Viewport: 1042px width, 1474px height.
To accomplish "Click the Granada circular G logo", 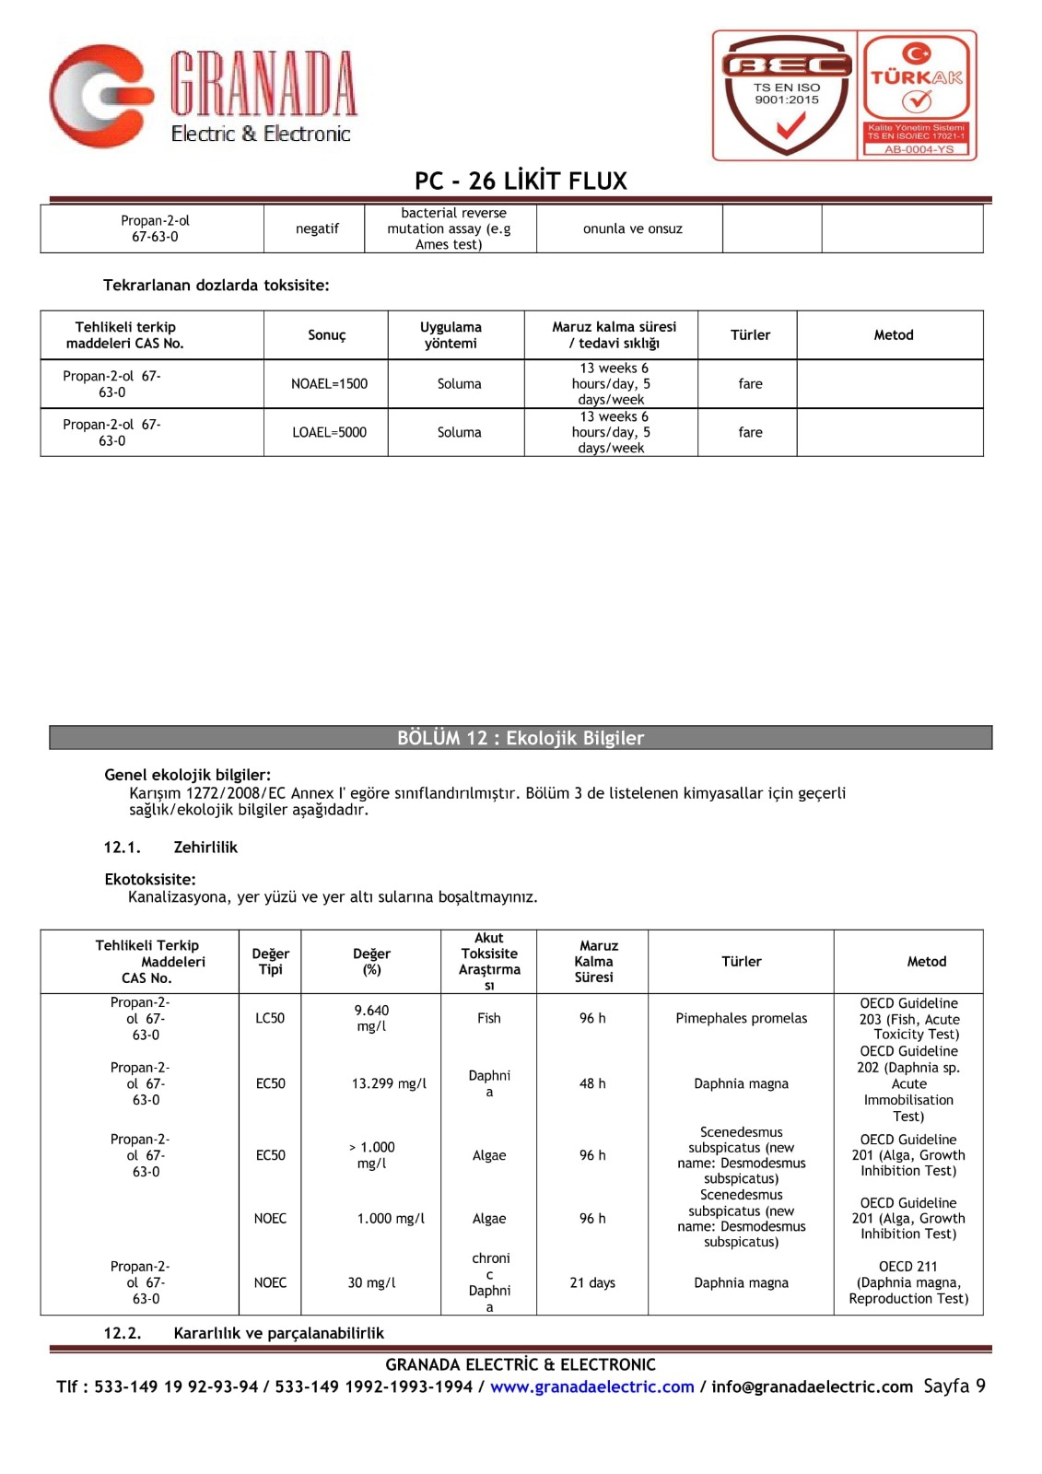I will [x=100, y=96].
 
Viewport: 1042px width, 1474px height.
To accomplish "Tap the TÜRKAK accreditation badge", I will [x=917, y=95].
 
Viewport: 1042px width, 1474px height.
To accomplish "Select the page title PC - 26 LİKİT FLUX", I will [x=521, y=181].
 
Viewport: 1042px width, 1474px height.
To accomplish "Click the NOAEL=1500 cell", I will [x=329, y=384].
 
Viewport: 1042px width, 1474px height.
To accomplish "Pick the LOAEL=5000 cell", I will [x=329, y=432].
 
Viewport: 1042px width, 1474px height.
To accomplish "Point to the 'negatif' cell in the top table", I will [x=317, y=228].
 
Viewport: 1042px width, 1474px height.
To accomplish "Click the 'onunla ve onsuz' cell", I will [x=632, y=228].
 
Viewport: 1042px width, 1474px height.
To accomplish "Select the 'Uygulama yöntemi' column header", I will [x=451, y=335].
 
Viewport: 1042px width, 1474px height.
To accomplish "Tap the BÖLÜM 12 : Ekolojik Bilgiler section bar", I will [x=521, y=738].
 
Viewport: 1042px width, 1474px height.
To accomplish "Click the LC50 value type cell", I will [x=270, y=1018].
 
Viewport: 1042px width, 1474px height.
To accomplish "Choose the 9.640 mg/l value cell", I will [x=371, y=1018].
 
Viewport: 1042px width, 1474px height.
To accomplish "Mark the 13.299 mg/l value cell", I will [x=389, y=1083].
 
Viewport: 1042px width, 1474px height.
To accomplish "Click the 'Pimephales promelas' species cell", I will [x=741, y=1018].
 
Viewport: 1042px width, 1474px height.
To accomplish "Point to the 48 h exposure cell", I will [x=592, y=1083].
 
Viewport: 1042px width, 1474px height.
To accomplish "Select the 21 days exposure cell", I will [x=592, y=1282].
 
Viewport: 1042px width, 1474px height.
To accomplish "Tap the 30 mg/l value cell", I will [x=371, y=1282].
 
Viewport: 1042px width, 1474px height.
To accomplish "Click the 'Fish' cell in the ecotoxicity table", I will [x=489, y=1018].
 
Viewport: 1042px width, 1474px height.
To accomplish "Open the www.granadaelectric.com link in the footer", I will [x=591, y=1386].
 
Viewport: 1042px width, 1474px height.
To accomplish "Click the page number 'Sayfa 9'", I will [x=954, y=1386].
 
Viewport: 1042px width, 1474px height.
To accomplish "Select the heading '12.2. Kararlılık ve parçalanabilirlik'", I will [x=244, y=1333].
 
